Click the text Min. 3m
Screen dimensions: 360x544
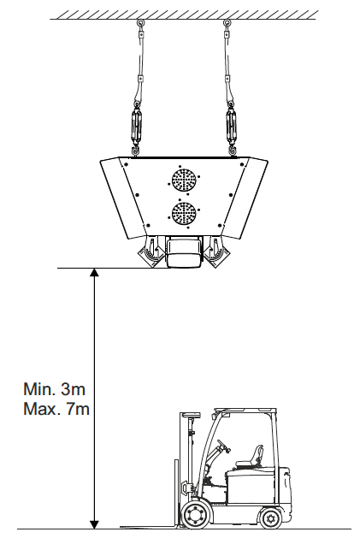[54, 389]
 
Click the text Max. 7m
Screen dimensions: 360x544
[56, 409]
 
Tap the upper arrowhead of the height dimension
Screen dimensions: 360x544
[94, 272]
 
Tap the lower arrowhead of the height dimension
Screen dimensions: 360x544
[94, 524]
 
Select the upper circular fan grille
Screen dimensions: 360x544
[184, 180]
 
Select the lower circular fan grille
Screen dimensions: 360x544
[184, 214]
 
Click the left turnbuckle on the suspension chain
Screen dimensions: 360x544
[136, 126]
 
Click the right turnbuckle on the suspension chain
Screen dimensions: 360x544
[230, 126]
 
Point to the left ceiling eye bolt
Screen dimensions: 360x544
[140, 24]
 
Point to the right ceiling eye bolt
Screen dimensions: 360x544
[227, 24]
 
